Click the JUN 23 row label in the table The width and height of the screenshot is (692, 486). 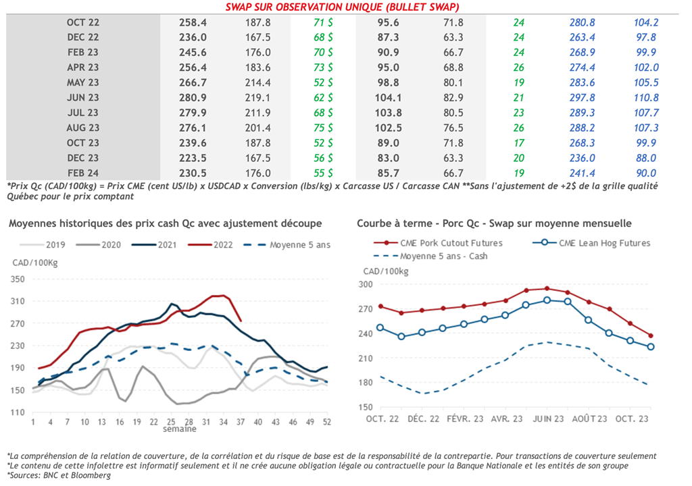coord(83,98)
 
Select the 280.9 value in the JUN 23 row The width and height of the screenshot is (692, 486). coord(193,98)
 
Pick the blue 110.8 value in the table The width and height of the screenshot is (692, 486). coord(646,98)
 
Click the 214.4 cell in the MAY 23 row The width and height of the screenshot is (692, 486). coord(257,83)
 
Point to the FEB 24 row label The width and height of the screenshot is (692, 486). coord(83,173)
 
